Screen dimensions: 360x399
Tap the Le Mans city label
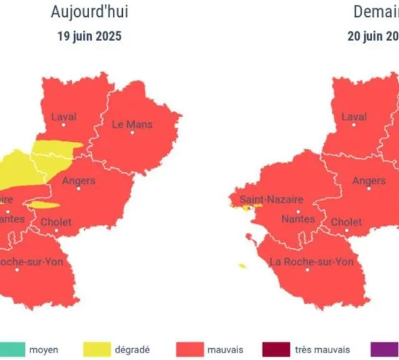[x=132, y=125]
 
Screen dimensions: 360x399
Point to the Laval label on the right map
[x=354, y=116]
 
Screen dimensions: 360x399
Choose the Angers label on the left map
[x=79, y=181]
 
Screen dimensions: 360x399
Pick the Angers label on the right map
[x=369, y=181]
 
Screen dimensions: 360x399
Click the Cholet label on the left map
[x=56, y=222]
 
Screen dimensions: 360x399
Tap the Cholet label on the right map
[x=346, y=222]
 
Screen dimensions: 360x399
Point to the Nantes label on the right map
[x=297, y=219]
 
